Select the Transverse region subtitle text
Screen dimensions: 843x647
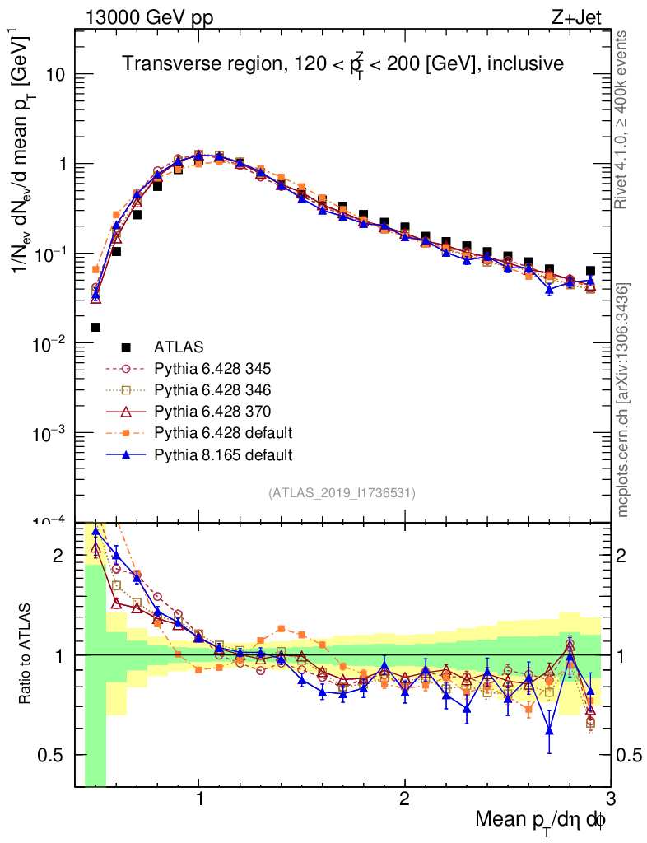[x=342, y=63]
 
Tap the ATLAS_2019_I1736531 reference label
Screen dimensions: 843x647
[x=342, y=493]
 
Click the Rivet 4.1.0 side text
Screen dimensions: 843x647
[x=623, y=119]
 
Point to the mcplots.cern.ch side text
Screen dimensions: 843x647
[x=623, y=399]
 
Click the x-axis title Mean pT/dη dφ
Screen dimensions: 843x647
[x=542, y=819]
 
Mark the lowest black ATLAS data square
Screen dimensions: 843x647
[x=96, y=327]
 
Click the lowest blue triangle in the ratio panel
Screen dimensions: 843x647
[x=549, y=730]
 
